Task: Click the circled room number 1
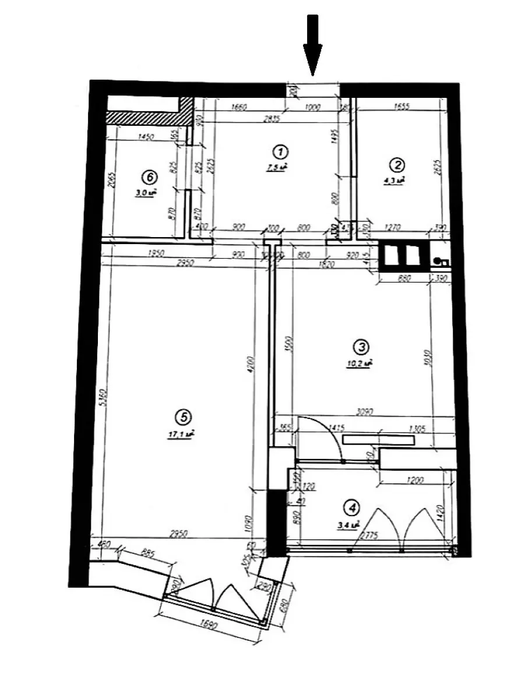coord(280,153)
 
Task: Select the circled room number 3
coord(361,347)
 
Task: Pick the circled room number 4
coord(350,508)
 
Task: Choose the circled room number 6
coord(149,175)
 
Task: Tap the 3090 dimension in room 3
coord(365,412)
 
